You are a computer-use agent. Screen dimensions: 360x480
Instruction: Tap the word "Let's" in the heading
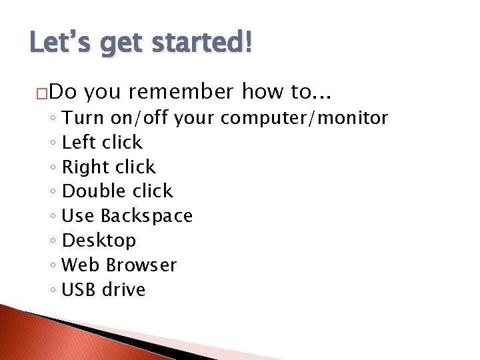pyautogui.click(x=55, y=44)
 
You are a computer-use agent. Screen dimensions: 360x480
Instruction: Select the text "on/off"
pyautogui.click(x=140, y=118)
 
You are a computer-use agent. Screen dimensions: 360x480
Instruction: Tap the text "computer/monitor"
pyautogui.click(x=304, y=118)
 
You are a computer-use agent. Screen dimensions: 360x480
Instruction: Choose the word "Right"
pyautogui.click(x=83, y=167)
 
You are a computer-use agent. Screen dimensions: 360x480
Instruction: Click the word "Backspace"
pyautogui.click(x=147, y=216)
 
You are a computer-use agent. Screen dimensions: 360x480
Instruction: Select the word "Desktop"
pyautogui.click(x=99, y=240)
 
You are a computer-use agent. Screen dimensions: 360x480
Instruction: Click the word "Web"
pyautogui.click(x=79, y=265)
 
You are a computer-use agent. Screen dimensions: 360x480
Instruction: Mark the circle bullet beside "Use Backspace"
pyautogui.click(x=53, y=217)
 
